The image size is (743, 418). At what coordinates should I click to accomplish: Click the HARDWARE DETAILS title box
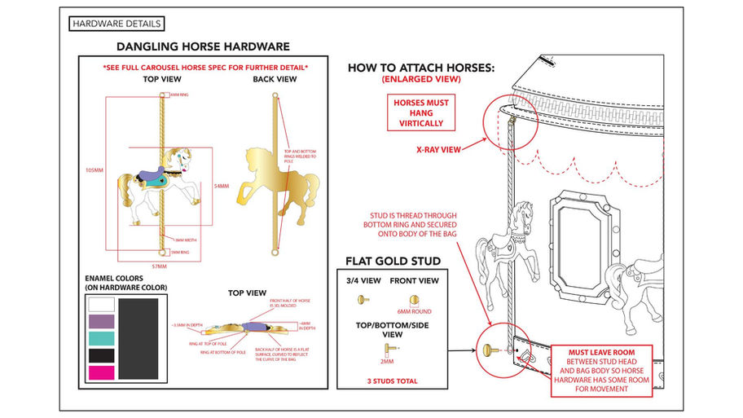pyautogui.click(x=117, y=24)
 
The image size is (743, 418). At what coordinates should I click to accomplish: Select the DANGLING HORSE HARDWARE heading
pyautogui.click(x=203, y=47)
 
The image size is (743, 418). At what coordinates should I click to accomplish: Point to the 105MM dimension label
pyautogui.click(x=95, y=170)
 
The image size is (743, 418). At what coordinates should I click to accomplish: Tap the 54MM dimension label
pyautogui.click(x=222, y=187)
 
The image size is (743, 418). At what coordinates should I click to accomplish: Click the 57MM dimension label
pyautogui.click(x=160, y=266)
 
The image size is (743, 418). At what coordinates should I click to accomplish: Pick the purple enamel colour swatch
pyautogui.click(x=102, y=322)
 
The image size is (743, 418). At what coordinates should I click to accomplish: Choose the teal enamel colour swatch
pyautogui.click(x=102, y=338)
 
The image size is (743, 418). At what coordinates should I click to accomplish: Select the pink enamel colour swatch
pyautogui.click(x=102, y=373)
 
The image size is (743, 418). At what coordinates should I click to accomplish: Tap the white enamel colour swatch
pyautogui.click(x=102, y=305)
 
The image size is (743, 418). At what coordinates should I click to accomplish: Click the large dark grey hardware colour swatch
pyautogui.click(x=138, y=338)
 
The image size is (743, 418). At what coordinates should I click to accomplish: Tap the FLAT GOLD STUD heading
pyautogui.click(x=393, y=261)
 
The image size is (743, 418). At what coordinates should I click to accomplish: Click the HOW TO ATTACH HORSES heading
pyautogui.click(x=420, y=67)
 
